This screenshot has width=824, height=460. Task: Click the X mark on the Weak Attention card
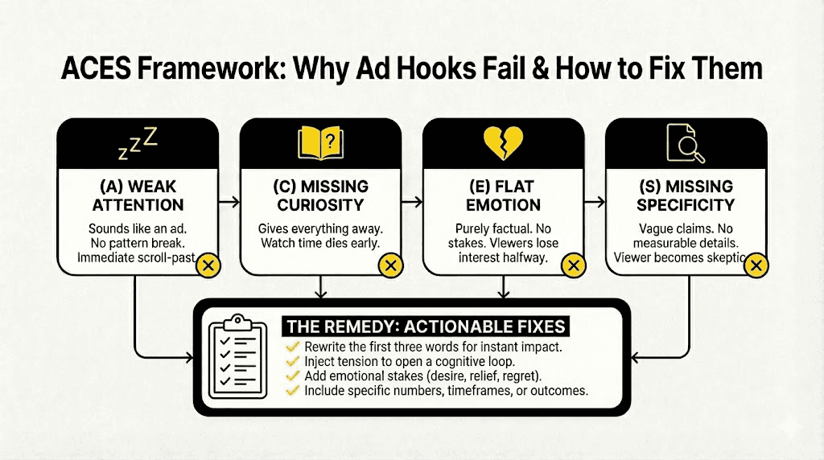point(208,265)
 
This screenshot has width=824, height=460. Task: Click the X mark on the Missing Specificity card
point(754,265)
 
